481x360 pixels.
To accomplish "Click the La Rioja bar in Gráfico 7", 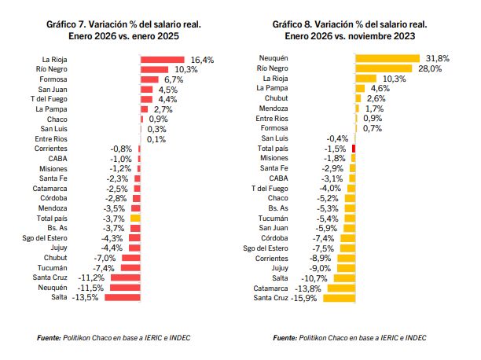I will tap(162, 60).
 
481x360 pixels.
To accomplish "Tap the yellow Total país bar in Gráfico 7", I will tap(135, 218).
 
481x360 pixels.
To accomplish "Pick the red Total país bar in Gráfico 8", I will tap(354, 148).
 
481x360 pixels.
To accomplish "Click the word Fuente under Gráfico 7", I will tap(52, 337).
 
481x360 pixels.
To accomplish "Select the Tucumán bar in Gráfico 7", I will tap(130, 267).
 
